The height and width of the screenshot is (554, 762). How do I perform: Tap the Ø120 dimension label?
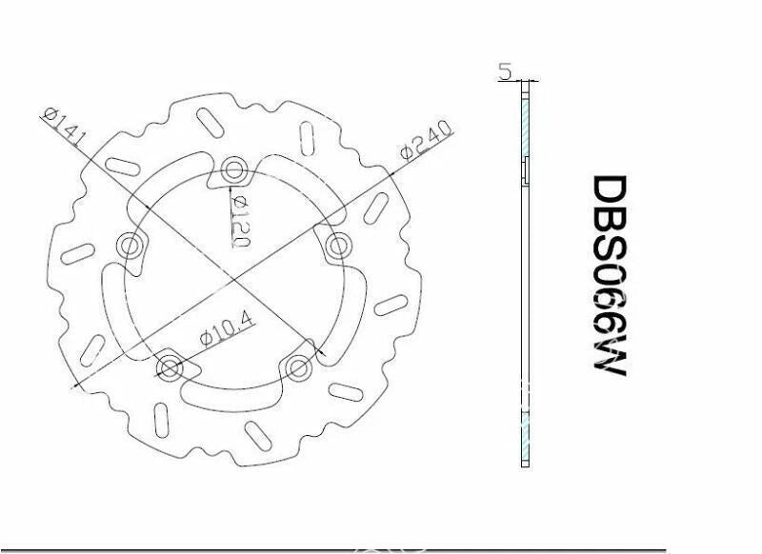(x=241, y=222)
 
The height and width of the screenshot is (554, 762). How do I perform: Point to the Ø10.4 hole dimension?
(x=227, y=330)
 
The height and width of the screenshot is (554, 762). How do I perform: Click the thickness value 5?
(x=506, y=71)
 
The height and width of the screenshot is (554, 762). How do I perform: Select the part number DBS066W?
(x=610, y=275)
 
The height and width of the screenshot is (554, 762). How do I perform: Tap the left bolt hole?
(x=130, y=245)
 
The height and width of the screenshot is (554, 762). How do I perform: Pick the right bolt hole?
(x=337, y=246)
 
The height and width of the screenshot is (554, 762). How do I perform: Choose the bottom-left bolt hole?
(x=170, y=367)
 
